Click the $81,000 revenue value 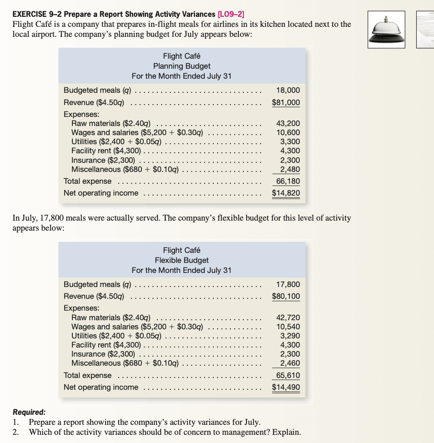[286, 102]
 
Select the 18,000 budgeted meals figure [288, 90]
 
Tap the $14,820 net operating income [286, 193]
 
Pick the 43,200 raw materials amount [288, 123]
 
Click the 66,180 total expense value [288, 181]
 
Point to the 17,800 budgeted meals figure [288, 284]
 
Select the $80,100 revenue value [286, 297]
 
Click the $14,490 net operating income [286, 387]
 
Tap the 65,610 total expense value [288, 375]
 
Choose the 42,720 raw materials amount [288, 317]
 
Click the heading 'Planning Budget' [182, 66]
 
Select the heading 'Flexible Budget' [182, 260]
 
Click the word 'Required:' [29, 412]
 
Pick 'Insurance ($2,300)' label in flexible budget [103, 354]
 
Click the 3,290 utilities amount [290, 336]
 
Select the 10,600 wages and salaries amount [288, 132]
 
